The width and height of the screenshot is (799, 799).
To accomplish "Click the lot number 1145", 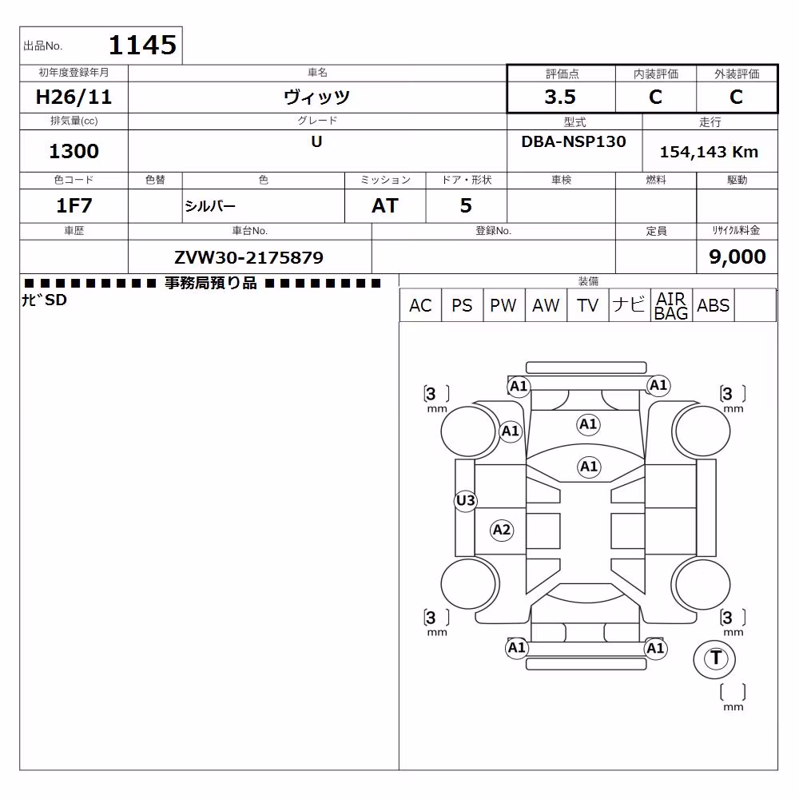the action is (x=143, y=45).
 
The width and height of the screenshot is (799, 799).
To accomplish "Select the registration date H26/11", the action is (x=74, y=97).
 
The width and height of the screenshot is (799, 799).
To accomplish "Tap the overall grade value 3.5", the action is (x=560, y=97).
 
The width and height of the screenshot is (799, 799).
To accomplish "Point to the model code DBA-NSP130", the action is (x=574, y=141).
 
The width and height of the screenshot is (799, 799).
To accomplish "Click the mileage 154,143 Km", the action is (x=709, y=152).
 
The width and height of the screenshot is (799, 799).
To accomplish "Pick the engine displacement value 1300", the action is (x=74, y=151).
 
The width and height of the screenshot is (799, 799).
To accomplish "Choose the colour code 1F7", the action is (x=74, y=206).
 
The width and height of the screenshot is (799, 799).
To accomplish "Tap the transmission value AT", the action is (x=385, y=206).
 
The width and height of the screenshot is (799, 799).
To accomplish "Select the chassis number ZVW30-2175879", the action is (x=248, y=257).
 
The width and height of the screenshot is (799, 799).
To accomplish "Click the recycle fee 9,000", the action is (x=737, y=256).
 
